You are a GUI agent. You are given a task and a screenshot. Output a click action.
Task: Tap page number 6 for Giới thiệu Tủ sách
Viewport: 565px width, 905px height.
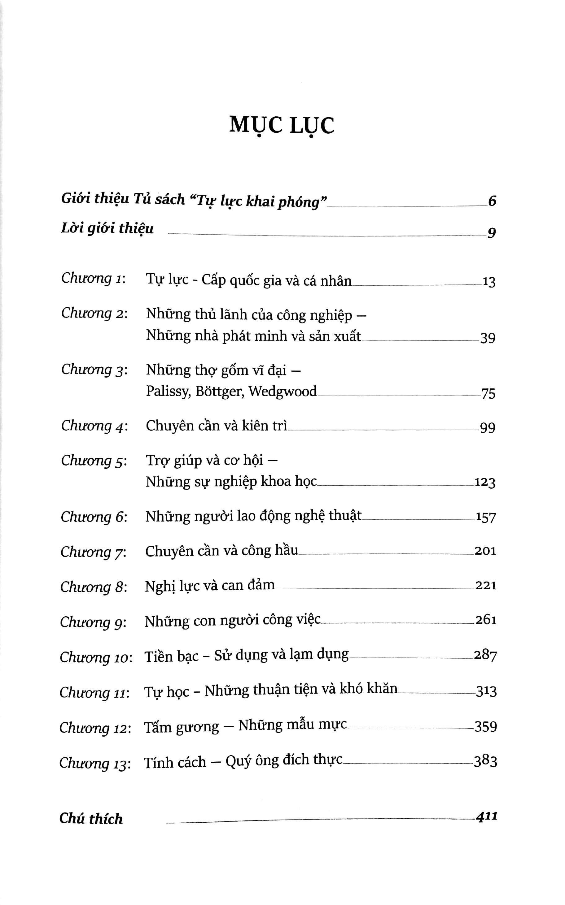(492, 201)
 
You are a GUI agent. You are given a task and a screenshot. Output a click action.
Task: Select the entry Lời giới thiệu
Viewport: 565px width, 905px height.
(107, 228)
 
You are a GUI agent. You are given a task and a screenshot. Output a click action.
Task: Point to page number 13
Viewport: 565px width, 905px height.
(489, 282)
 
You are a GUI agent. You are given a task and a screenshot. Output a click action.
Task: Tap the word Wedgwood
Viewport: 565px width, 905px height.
(282, 391)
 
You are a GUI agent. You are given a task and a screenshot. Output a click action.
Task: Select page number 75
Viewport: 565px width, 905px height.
(488, 393)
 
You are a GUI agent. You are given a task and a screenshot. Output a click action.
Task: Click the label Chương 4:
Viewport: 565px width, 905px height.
(94, 426)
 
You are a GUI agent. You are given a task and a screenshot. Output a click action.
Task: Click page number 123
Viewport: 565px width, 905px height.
(485, 483)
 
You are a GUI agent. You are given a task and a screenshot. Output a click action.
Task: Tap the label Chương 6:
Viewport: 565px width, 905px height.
(94, 517)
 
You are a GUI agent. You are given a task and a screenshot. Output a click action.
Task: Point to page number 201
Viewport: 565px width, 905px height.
(485, 551)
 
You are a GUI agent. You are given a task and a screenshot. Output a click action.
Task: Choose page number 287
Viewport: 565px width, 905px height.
(485, 655)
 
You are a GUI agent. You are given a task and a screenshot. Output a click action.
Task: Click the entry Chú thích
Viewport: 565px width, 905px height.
(91, 818)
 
